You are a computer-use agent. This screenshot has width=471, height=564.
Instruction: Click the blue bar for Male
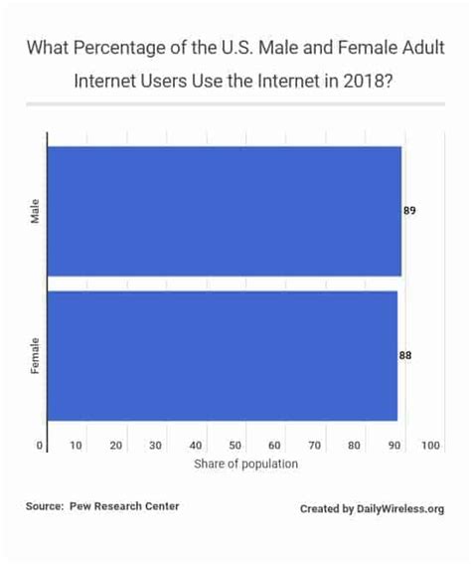pos(224,211)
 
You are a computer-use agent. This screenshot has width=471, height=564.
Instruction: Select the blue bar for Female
pos(222,355)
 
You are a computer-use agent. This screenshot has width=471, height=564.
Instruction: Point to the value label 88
pos(405,355)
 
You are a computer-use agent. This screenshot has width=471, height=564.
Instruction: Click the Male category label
pos(36,211)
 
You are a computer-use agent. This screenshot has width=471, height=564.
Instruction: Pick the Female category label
pos(36,355)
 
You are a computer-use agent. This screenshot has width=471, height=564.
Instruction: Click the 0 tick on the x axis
pos(41,446)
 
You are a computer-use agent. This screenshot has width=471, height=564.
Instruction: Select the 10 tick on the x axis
pos(78,446)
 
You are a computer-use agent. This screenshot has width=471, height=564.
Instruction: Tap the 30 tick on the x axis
pos(156,446)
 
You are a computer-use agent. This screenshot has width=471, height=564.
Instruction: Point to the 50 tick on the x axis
pos(235,446)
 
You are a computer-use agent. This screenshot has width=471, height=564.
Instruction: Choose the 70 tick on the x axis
pos(314,446)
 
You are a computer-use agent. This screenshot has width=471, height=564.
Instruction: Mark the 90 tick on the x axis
pos(393,446)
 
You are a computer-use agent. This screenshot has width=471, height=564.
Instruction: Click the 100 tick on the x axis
pos(430,446)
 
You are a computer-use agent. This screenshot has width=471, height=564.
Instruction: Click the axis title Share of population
pos(245,464)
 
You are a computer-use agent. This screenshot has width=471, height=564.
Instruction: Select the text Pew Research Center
pos(124,506)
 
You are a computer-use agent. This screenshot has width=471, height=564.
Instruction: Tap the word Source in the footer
pos(45,506)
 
